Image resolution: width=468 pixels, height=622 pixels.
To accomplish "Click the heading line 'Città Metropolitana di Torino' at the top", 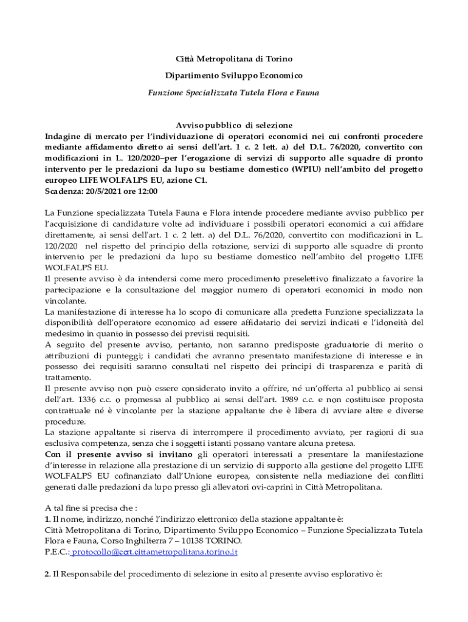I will (234, 59).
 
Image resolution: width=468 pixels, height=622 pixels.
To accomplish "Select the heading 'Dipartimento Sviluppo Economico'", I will (234, 76).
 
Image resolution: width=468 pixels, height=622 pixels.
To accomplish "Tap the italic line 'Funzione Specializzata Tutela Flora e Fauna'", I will (234, 93).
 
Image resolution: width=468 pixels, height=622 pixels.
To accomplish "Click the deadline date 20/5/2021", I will (106, 191).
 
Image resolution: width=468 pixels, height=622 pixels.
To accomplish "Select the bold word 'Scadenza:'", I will (65, 191).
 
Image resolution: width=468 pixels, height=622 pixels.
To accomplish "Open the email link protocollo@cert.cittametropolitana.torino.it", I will (155, 552).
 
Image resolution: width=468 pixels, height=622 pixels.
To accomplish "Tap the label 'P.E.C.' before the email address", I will (57, 552).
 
